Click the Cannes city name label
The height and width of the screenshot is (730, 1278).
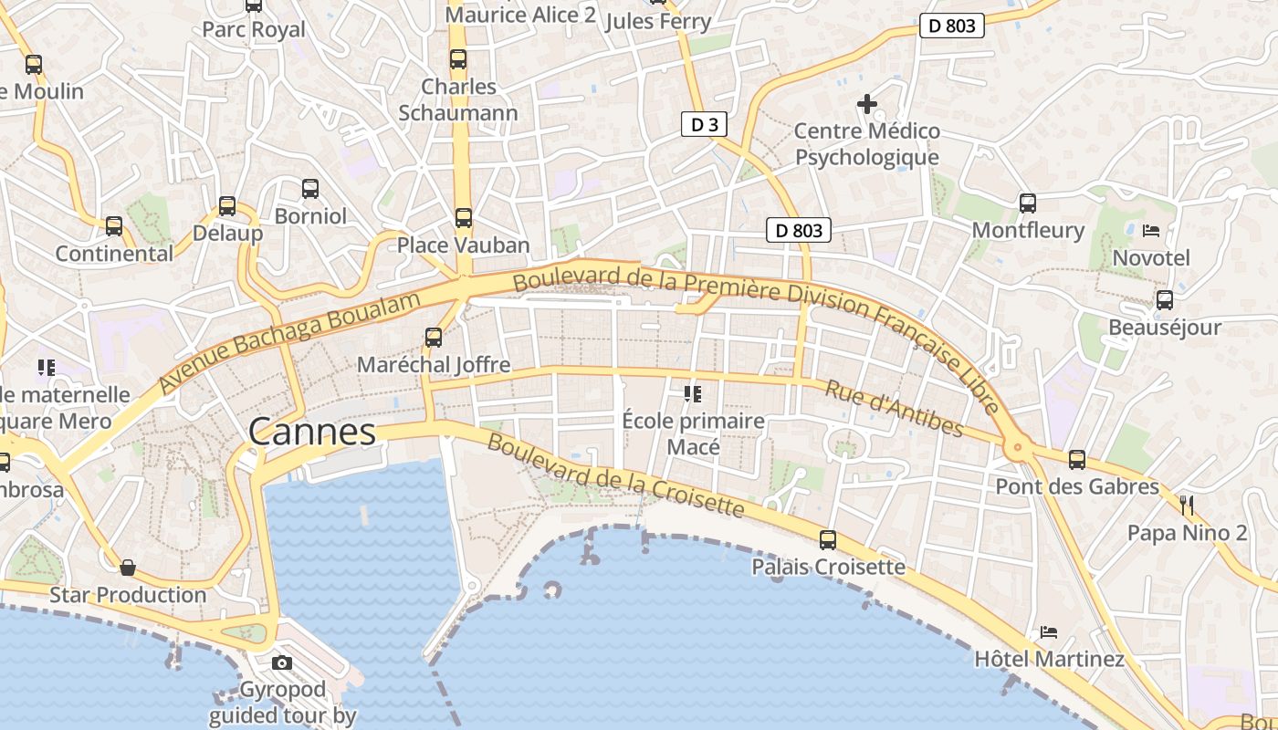pos(312,432)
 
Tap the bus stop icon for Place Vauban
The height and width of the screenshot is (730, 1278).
pos(464,218)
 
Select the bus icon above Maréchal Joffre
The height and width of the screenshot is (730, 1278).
pos(434,338)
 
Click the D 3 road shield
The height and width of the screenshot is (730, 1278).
pos(704,125)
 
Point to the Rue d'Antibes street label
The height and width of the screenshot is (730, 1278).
pos(894,409)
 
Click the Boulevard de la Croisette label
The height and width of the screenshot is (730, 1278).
pos(615,474)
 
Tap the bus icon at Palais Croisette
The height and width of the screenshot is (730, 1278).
pos(828,540)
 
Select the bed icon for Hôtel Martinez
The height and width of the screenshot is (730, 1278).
pos(1049,632)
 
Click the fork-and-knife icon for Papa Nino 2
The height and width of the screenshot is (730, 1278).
pos(1187,506)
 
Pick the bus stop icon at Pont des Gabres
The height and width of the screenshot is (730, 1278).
pos(1077,460)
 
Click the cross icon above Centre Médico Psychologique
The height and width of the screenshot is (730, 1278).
pos(867,104)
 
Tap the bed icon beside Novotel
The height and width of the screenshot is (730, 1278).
pos(1151,231)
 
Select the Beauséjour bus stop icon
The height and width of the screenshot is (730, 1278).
pos(1165,300)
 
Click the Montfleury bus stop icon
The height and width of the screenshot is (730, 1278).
pos(1028,203)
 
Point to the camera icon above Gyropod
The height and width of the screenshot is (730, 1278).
pos(282,662)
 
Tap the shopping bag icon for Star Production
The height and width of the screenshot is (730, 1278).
pos(128,568)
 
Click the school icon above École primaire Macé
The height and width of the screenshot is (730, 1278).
pos(693,394)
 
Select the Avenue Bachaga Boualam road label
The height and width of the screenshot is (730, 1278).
pos(290,342)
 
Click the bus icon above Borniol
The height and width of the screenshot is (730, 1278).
pos(310,189)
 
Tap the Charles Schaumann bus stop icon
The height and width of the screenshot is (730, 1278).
pos(458,59)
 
